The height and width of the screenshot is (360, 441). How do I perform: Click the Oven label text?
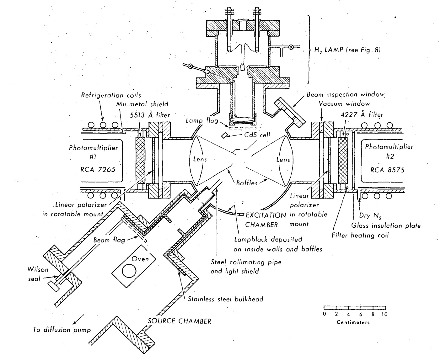tap(140, 259)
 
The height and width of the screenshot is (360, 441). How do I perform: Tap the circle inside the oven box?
tap(129, 271)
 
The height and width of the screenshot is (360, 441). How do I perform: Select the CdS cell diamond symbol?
tap(224, 135)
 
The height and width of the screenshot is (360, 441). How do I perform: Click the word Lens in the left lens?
tap(200, 159)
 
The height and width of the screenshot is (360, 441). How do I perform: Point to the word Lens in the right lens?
tap(283, 160)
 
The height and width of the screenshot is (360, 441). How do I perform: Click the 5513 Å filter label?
tap(150, 115)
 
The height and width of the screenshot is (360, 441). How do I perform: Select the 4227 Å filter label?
tap(362, 114)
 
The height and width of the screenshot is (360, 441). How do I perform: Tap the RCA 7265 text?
tap(98, 169)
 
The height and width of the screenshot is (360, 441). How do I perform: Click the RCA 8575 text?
tap(387, 170)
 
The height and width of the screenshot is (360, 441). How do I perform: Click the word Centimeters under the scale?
tap(353, 322)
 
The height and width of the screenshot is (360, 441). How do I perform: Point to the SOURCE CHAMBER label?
tap(180, 321)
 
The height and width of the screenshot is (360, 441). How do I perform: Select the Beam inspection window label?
tap(346, 94)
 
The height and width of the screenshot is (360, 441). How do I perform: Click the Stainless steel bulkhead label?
tap(225, 299)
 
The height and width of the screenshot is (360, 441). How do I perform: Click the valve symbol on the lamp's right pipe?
tap(291, 47)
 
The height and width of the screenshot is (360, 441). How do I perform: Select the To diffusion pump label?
tap(62, 330)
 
